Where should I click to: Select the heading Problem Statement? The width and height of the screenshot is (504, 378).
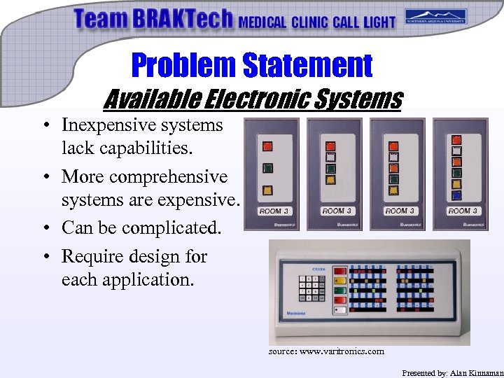pos(252,65)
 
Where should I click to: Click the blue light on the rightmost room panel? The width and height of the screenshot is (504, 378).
pos(456,196)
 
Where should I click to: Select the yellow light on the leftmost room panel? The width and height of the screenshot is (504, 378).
pos(267,190)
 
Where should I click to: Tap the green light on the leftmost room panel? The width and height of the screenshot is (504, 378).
pos(267,168)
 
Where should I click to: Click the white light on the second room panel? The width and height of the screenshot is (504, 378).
pos(330,157)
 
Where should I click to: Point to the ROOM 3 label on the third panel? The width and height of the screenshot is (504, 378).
pos(400,211)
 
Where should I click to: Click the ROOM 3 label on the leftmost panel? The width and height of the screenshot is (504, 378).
pos(274,211)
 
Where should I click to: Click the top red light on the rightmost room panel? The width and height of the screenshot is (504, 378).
pos(456,139)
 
